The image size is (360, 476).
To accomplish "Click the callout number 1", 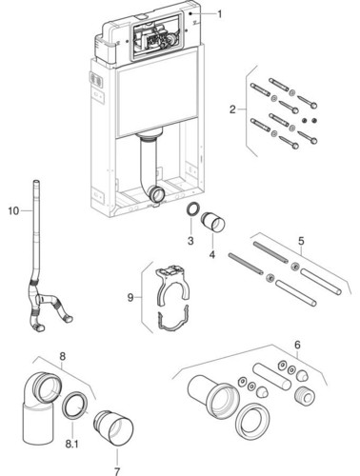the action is (220, 14).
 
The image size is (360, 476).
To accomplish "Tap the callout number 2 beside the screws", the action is (232, 109).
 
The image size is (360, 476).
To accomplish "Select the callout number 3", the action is (190, 241).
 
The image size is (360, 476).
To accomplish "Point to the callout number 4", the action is (212, 254).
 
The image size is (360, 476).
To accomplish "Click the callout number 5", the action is (301, 241).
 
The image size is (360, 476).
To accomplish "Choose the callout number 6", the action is (297, 345).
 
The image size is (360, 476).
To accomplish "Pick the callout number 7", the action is (117, 471).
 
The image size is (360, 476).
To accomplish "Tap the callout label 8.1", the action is (71, 444).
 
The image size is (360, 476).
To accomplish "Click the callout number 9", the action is (130, 298).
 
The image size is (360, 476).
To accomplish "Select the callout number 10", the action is (13, 210).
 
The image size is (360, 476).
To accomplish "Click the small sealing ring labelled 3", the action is (192, 209).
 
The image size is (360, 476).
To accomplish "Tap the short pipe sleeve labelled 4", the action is (212, 223).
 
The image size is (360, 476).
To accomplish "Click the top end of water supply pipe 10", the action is (37, 182).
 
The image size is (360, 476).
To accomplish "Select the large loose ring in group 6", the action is (252, 421).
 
